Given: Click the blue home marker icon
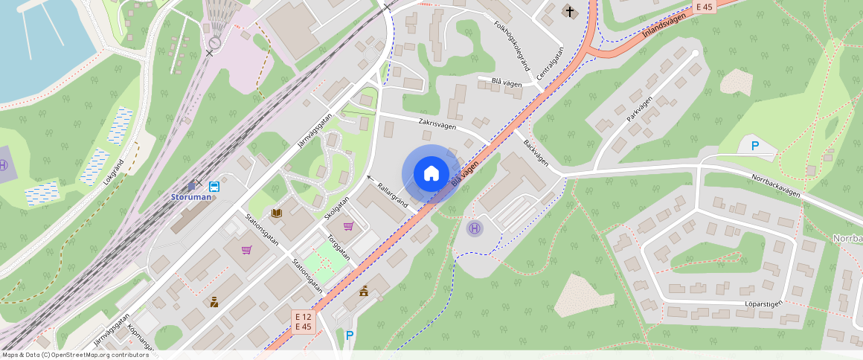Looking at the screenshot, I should click(431, 174).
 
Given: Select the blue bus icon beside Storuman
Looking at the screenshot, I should click(214, 186).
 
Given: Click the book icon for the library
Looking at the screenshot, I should click(277, 213).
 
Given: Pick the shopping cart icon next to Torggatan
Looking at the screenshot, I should click(347, 226).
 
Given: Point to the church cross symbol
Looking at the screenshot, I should click(571, 11).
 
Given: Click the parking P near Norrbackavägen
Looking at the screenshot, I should click(754, 146).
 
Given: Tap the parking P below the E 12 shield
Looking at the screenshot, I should click(350, 335).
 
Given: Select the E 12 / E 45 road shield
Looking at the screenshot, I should click(303, 321).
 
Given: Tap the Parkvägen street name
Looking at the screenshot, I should click(639, 109).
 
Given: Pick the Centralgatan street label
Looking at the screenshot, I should click(551, 64).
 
